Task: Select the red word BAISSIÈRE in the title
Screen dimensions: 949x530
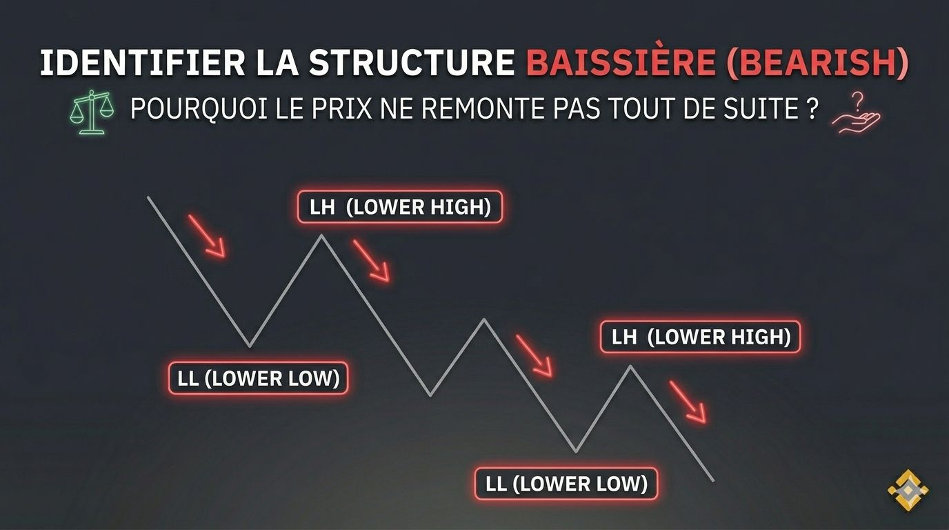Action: coord(621,63)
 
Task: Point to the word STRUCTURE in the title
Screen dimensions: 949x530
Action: coord(411,63)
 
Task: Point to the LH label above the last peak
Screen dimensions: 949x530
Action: coord(700,337)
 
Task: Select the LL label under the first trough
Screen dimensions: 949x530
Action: coord(258,378)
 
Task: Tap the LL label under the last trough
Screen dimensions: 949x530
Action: coord(566,484)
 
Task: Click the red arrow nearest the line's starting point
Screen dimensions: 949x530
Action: coord(207,236)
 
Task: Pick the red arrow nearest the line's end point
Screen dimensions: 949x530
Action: coord(688,402)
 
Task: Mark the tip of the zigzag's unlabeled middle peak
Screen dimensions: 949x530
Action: coord(485,319)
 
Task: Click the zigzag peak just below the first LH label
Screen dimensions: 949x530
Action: coord(321,235)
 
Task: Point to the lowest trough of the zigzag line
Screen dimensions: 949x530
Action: coord(575,452)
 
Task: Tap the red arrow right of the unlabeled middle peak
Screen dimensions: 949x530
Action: coord(535,356)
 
